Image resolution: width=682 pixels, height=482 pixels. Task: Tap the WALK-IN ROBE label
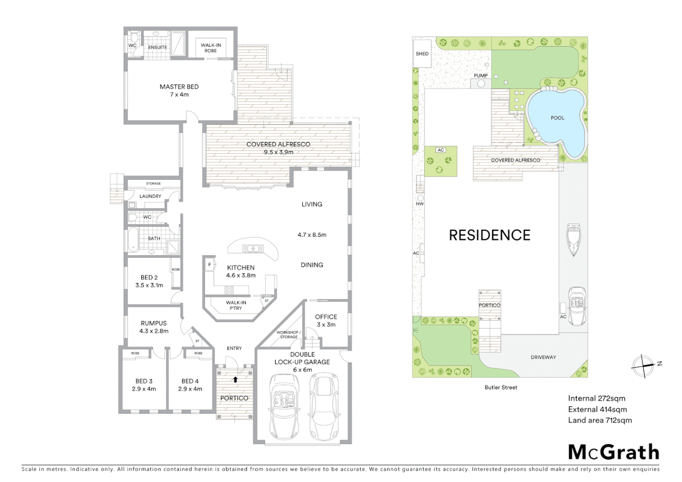click(211, 48)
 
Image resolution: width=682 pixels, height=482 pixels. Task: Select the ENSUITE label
click(158, 47)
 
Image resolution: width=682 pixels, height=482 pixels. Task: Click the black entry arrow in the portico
click(235, 380)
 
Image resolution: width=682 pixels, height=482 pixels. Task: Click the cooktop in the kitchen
click(229, 290)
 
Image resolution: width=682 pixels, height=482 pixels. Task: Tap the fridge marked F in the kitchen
click(209, 265)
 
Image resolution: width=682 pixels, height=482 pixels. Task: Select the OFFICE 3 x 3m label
click(326, 320)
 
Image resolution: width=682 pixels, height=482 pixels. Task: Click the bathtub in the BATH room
click(133, 240)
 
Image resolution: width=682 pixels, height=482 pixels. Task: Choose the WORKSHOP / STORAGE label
click(288, 334)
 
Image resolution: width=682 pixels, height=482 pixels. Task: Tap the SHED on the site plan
click(422, 54)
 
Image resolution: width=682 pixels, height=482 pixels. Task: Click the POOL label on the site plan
click(557, 118)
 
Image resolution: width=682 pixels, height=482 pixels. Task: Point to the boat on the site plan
click(573, 240)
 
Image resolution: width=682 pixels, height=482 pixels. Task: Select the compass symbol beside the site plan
click(643, 366)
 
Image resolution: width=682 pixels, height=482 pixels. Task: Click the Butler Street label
click(501, 387)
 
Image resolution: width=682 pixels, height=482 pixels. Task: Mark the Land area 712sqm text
click(599, 420)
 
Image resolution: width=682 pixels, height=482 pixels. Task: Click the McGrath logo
click(613, 452)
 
